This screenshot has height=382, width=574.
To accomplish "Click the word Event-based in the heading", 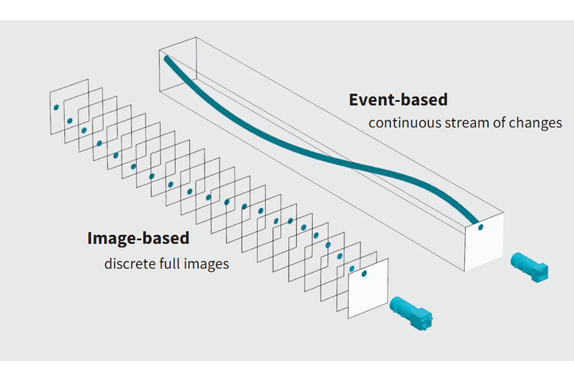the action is tap(398, 99).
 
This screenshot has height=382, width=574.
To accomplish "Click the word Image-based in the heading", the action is tap(138, 238).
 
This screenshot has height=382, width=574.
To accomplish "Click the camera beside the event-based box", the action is tap(529, 267).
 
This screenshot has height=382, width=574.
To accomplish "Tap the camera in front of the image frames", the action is tap(411, 314).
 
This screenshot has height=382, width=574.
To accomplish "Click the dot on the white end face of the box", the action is tap(481, 227).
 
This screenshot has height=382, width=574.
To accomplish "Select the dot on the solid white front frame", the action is tap(364, 274).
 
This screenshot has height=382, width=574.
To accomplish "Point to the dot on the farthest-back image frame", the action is tap(56, 107).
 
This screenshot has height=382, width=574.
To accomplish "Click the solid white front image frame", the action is tap(368, 288).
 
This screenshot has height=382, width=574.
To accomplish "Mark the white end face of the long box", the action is tap(484, 242).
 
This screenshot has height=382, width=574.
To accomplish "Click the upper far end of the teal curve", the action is tap(167, 59).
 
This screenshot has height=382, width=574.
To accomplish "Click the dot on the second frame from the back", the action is tap(70, 121).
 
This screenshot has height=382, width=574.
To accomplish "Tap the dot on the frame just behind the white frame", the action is tap(352, 269).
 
